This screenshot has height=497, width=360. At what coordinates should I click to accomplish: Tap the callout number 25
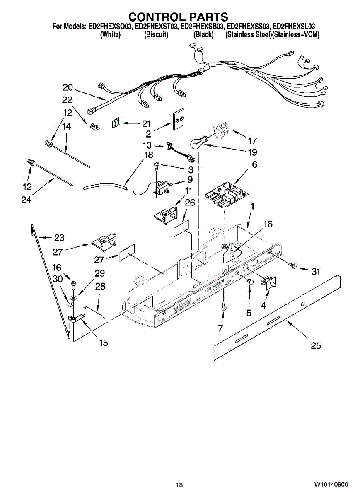(316, 345)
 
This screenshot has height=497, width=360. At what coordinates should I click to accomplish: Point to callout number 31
(316, 271)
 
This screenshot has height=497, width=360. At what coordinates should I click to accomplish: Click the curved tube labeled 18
(106, 186)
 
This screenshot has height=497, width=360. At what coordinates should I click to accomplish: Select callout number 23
(59, 238)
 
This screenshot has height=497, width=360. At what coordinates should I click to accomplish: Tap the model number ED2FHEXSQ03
(111, 27)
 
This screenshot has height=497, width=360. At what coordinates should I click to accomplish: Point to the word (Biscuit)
(156, 35)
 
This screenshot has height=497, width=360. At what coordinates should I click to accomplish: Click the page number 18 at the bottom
(179, 485)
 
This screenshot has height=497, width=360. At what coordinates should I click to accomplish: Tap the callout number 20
(68, 87)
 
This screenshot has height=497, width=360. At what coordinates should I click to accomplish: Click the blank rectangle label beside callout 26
(181, 228)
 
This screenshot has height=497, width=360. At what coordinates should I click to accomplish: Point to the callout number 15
(104, 343)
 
